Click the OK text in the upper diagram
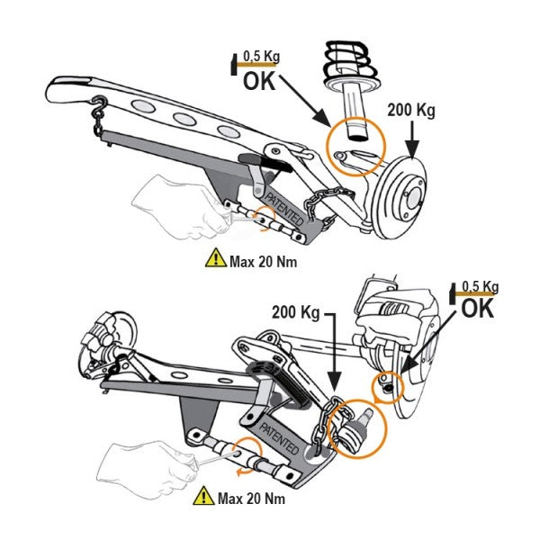[x=262, y=82]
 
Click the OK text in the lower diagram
[x=479, y=309]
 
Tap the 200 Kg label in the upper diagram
[x=410, y=111]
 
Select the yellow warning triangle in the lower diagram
[x=202, y=496]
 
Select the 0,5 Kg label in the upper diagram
[x=262, y=57]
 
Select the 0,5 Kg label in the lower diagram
[x=479, y=287]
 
